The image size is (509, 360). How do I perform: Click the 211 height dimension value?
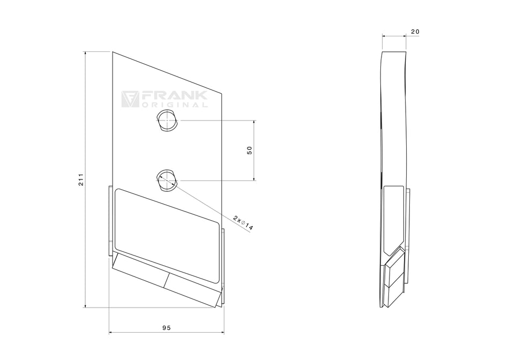tap(80, 179)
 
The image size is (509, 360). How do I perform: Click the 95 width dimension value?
tap(166, 327)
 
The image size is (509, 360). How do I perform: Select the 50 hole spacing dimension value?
tap(250, 151)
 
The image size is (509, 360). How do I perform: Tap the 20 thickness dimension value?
tap(415, 32)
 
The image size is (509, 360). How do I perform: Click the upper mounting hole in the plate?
tap(166, 121)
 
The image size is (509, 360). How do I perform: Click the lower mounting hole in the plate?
tap(166, 179)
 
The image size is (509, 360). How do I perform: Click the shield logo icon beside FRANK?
tap(130, 99)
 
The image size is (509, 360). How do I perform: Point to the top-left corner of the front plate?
tap(113, 52)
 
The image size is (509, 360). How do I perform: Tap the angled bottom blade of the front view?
tap(166, 279)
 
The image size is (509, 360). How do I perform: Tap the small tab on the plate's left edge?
tap(111, 220)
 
